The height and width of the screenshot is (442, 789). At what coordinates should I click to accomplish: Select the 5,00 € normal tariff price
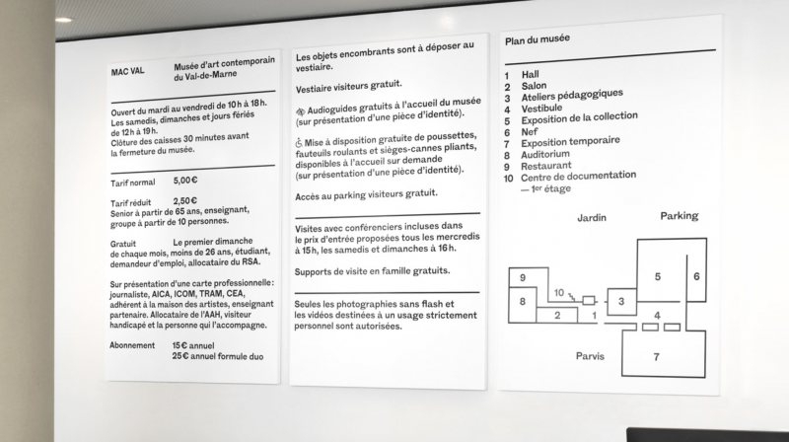185,182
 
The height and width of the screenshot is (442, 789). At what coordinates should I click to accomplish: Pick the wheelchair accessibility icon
300,142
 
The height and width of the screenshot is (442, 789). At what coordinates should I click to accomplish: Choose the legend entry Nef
528,131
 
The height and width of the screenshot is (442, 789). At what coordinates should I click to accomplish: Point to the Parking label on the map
679,216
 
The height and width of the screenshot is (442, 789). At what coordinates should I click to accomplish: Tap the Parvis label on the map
590,355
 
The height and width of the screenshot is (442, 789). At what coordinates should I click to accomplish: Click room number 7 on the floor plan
656,356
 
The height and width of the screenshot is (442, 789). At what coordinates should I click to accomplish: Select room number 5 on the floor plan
657,277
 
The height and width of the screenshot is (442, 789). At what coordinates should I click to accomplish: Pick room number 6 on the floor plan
696,277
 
